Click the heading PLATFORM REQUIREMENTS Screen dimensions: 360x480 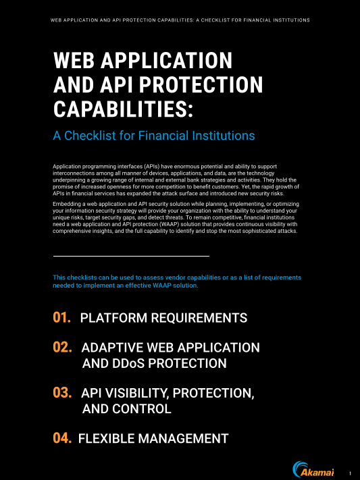coord(163,318)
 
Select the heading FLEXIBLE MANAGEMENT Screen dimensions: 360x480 coord(153,439)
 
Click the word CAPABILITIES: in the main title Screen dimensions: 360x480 coord(123,108)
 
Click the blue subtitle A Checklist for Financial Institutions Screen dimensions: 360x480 coord(154,136)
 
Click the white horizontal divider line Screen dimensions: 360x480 coord(131,238)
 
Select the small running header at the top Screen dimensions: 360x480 coord(180,20)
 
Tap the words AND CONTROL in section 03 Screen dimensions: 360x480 coord(126,408)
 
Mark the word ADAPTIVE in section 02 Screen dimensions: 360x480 coord(111,348)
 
